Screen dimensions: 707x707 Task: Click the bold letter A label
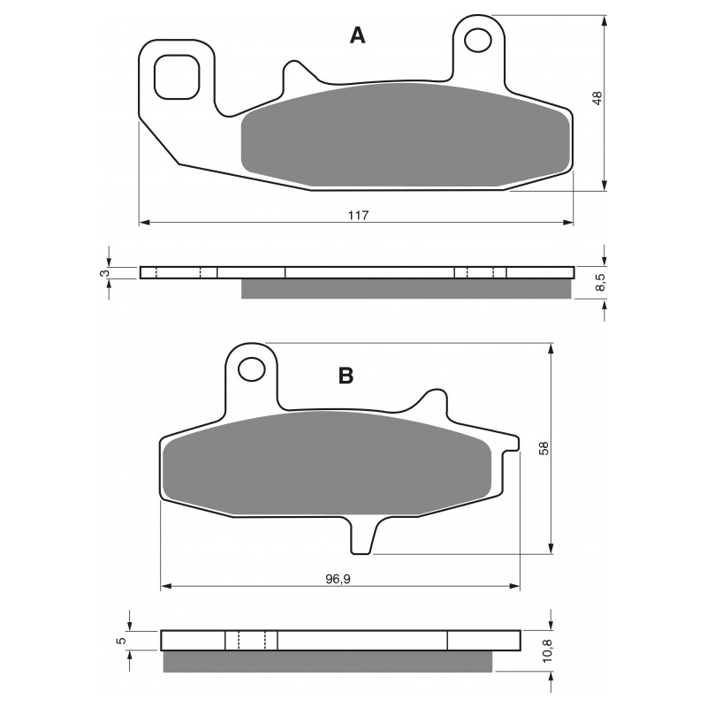click(x=358, y=35)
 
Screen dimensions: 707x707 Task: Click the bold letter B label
click(x=346, y=375)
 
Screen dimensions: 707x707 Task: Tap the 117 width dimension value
click(x=358, y=215)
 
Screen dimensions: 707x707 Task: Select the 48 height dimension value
click(x=597, y=98)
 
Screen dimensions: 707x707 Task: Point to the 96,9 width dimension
click(x=338, y=579)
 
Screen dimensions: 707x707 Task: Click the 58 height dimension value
click(x=544, y=448)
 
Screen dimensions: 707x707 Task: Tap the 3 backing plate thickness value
click(x=104, y=273)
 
